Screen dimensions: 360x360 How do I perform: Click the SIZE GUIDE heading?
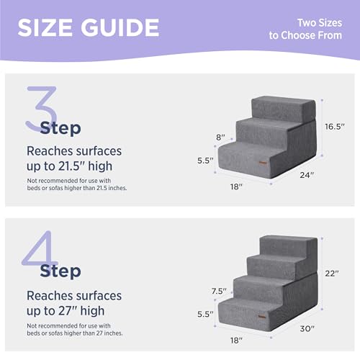88,27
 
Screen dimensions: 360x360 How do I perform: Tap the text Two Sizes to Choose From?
311,28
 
